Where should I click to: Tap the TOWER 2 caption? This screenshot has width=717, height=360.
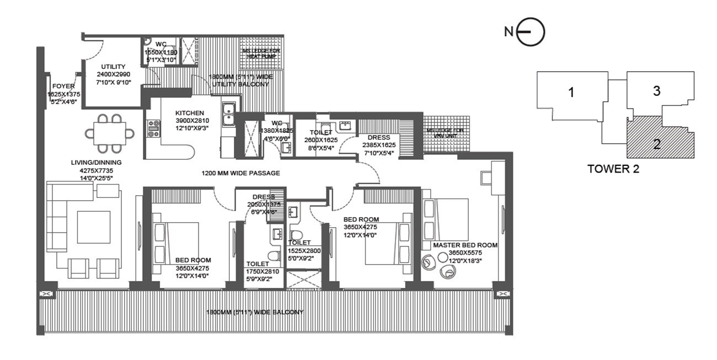click(x=613, y=169)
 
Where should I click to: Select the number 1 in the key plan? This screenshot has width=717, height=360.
click(x=571, y=93)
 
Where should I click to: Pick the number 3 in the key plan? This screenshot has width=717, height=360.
click(x=656, y=91)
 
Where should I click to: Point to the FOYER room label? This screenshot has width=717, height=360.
click(x=64, y=87)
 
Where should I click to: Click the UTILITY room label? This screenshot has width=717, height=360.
click(x=113, y=66)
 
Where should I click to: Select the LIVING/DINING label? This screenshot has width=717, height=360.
click(x=96, y=163)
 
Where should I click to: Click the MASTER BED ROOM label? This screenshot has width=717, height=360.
click(x=465, y=245)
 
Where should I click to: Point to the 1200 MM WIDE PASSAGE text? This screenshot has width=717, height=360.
click(x=240, y=173)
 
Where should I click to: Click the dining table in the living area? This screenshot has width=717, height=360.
click(x=110, y=133)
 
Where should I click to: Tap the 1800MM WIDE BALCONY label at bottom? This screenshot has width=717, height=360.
click(x=254, y=313)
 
